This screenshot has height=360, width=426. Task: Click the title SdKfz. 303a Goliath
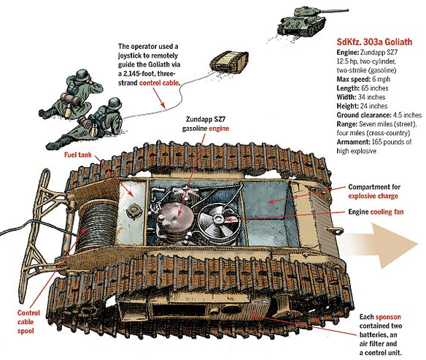[x=374, y=42]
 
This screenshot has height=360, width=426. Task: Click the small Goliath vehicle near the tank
[x=229, y=63]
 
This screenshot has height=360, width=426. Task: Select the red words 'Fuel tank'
[x=78, y=155]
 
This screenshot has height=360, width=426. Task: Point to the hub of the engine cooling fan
[x=219, y=218]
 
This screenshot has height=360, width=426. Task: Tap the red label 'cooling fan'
[x=387, y=212]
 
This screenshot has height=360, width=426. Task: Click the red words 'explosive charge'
[x=373, y=196]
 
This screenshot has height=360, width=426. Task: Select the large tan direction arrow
[x=380, y=245]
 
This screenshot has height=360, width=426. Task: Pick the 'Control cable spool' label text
[x=28, y=322]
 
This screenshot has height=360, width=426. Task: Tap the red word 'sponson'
[x=388, y=317]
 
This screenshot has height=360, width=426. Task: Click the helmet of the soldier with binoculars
[x=82, y=75]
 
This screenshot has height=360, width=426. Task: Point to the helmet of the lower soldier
[x=115, y=103]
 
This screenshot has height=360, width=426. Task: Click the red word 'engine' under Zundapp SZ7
[x=219, y=129]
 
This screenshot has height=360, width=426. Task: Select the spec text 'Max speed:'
[x=353, y=79]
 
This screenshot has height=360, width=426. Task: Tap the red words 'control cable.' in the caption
[x=160, y=83]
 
